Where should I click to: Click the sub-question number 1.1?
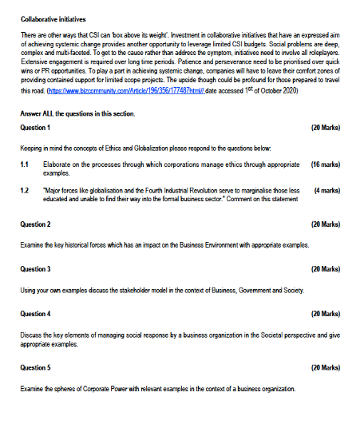point(25,163)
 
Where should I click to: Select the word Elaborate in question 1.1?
point(56,163)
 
